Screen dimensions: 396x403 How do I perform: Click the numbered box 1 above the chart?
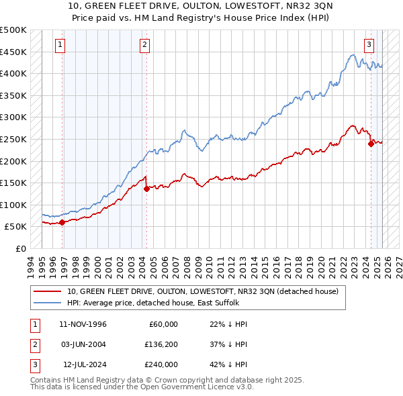60,45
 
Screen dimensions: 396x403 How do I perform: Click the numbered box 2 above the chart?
144,45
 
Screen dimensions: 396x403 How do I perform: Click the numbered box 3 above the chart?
369,45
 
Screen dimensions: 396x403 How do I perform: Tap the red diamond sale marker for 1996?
62,222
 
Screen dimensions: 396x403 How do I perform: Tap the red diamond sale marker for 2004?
146,189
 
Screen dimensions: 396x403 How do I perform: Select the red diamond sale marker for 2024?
371,143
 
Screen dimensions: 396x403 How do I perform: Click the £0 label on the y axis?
20,248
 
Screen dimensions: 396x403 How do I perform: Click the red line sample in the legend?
47,291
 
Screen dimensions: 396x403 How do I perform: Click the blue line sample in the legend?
47,303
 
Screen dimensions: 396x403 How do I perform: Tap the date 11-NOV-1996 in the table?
83,324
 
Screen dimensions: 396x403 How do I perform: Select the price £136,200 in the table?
161,344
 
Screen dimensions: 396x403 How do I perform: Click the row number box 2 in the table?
34,344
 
